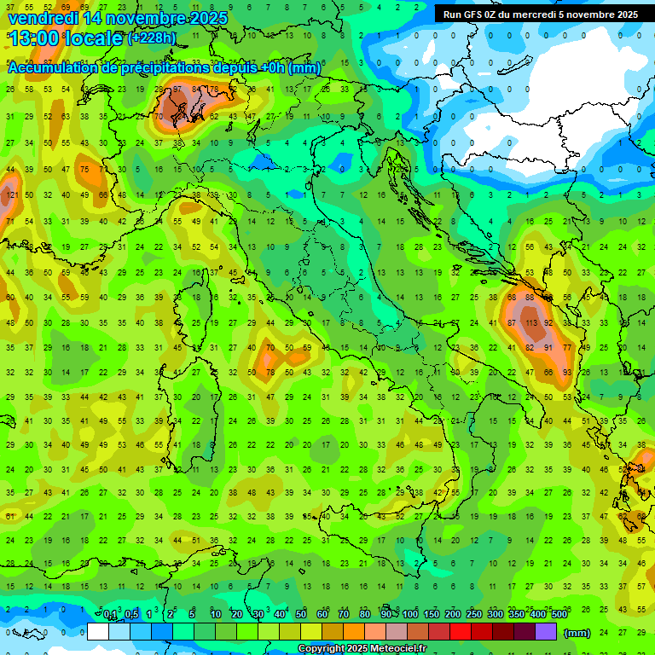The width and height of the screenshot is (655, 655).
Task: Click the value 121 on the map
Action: point(11,195)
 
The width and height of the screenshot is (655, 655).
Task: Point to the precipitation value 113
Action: point(530,324)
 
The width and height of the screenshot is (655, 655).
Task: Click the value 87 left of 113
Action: point(512,324)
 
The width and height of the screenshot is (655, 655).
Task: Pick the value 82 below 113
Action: point(530,348)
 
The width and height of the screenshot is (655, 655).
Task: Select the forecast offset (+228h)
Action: point(152,38)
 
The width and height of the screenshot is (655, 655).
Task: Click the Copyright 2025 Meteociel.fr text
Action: point(362,649)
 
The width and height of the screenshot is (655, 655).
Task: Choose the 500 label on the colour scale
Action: point(559,615)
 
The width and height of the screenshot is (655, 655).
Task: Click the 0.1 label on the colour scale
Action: point(110,615)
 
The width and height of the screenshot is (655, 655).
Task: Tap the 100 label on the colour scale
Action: point(410,615)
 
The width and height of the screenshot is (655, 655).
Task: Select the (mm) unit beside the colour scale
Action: point(577,633)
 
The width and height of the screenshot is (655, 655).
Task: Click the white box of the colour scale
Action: point(97,632)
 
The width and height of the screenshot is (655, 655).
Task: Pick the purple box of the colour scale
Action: point(546,632)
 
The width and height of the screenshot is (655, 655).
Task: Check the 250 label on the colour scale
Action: point(473,615)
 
